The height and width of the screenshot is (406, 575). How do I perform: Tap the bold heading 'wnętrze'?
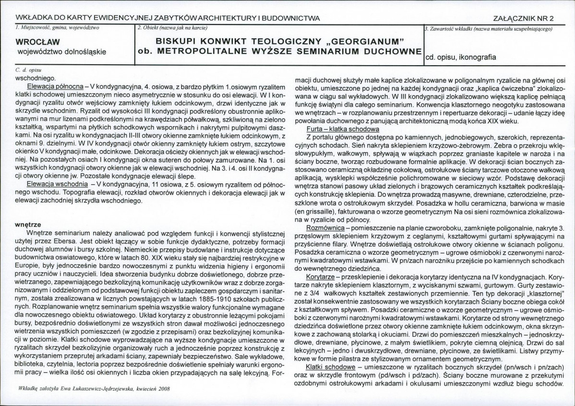[x=28, y=224]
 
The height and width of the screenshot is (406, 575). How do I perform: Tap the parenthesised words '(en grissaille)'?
[x=317, y=211]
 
